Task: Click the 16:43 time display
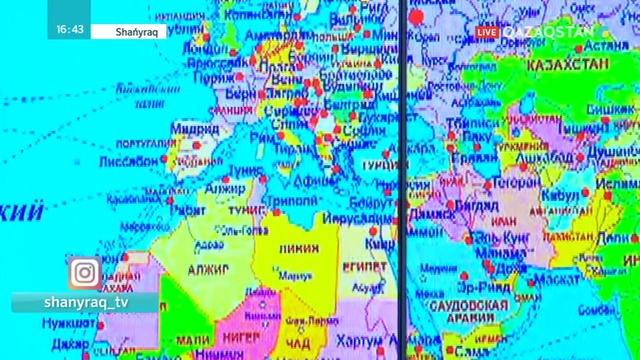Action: point(70,31)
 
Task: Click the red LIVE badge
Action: point(487,32)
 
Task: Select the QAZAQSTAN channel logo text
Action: point(548,31)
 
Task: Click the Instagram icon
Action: point(85,272)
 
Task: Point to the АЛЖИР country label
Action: point(207,269)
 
